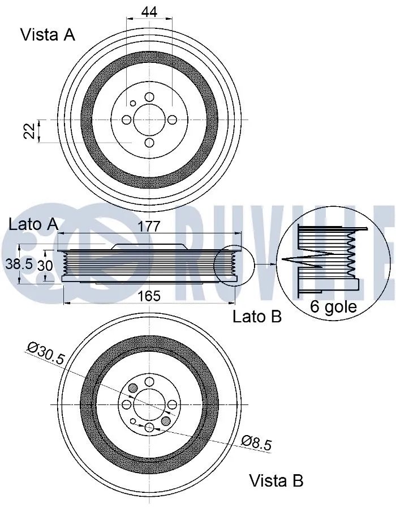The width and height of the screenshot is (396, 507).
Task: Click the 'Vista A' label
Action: (48, 35)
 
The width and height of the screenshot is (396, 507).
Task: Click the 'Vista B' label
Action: (277, 481)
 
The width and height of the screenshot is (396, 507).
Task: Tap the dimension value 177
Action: (149, 226)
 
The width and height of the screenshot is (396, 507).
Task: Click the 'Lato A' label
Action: (33, 224)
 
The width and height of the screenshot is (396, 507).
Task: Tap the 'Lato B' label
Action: (257, 317)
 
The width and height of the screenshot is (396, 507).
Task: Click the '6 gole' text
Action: (333, 306)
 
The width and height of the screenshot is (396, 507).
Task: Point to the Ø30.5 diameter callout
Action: (46, 353)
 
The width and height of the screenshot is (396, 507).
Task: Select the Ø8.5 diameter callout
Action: (256, 442)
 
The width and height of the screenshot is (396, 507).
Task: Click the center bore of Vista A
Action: (149, 120)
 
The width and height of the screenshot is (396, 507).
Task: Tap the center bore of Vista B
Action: (149, 404)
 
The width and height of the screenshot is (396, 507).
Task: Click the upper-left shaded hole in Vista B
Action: (133, 388)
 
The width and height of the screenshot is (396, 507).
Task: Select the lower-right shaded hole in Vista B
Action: (166, 421)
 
